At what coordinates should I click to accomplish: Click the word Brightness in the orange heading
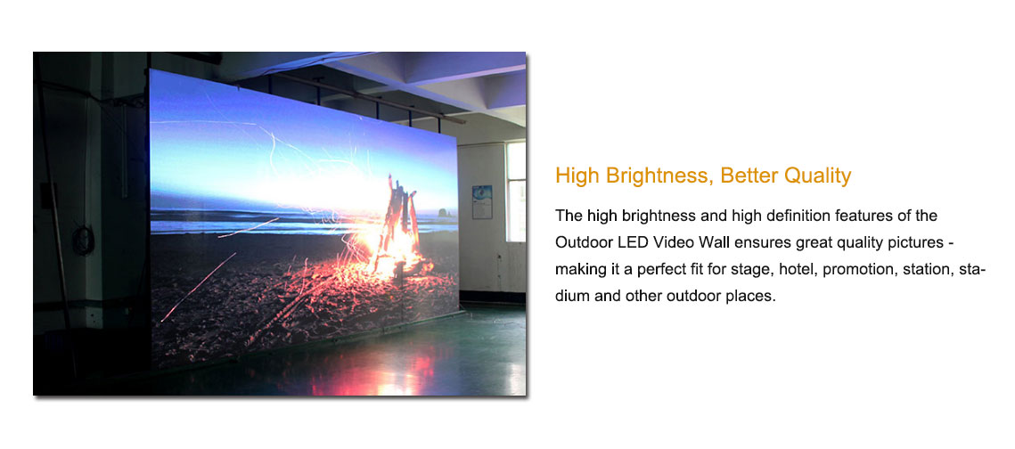(659, 176)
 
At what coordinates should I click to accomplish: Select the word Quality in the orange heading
(817, 176)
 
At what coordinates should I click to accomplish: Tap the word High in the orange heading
(577, 176)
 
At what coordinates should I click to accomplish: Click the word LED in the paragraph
(624, 242)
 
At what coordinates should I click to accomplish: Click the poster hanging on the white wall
(482, 201)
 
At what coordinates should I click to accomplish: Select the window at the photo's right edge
(516, 192)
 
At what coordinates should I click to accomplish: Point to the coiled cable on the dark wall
(83, 240)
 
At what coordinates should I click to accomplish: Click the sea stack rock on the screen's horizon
(444, 212)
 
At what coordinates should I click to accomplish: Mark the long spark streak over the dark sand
(198, 287)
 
